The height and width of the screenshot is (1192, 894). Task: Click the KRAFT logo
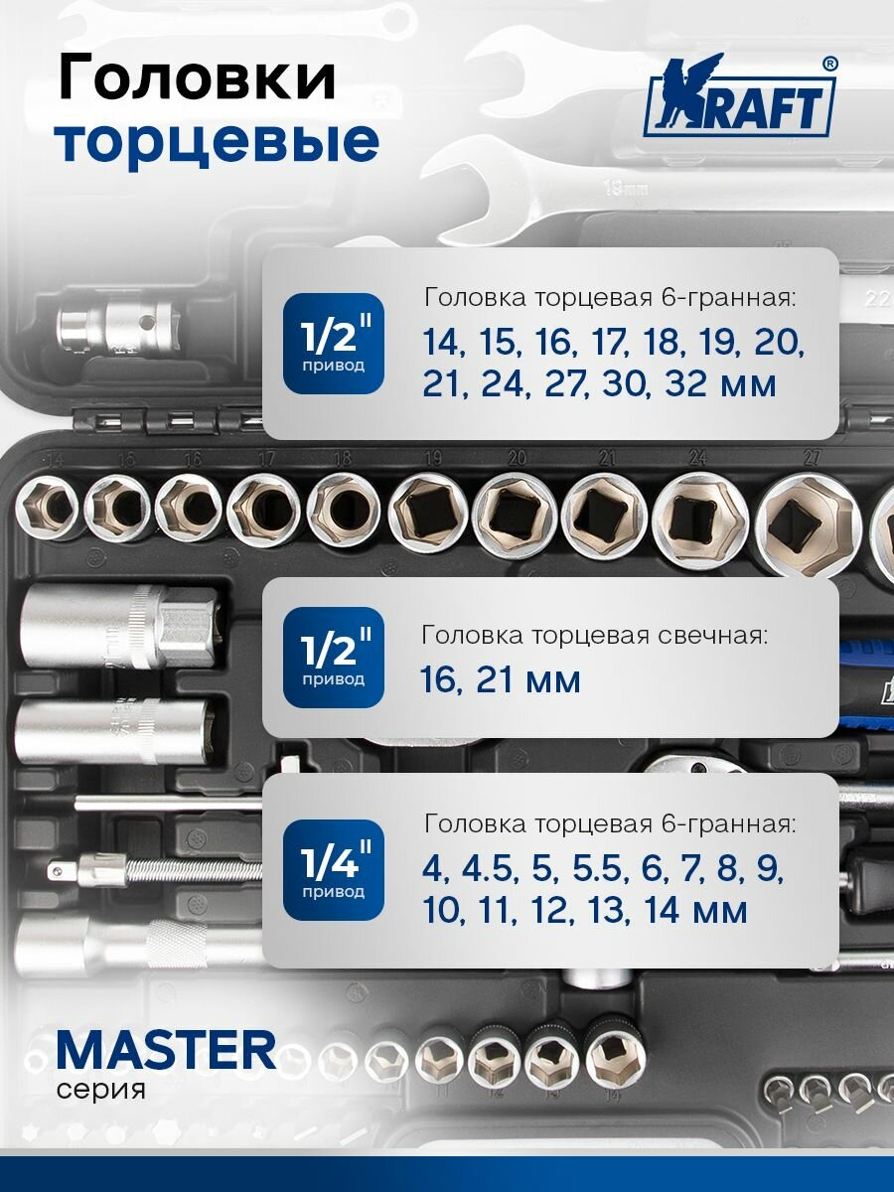[x=740, y=99]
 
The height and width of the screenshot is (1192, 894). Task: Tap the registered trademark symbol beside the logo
[x=829, y=63]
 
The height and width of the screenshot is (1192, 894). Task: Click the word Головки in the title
[x=197, y=79]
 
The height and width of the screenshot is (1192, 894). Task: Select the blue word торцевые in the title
[x=218, y=142]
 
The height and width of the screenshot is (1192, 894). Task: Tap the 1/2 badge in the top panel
[x=333, y=343]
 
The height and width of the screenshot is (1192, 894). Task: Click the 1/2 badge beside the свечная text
[x=333, y=658]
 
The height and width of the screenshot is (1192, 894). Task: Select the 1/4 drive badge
[x=333, y=870]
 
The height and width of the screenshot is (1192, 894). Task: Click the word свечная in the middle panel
[x=709, y=636]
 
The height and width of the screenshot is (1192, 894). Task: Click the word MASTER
[x=166, y=1051]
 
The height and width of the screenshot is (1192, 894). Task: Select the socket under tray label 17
[x=263, y=510]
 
